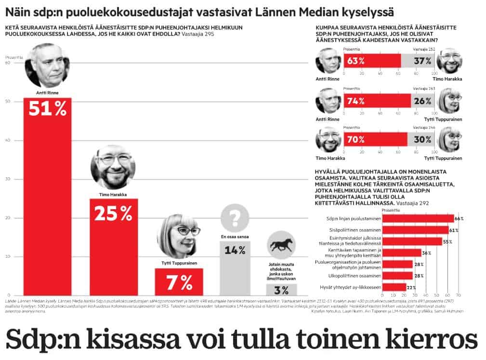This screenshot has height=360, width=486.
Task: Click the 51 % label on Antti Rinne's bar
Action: tap(47, 109)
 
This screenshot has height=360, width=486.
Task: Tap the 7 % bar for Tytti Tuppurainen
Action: tap(179, 281)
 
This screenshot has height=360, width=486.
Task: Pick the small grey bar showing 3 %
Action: tap(282, 290)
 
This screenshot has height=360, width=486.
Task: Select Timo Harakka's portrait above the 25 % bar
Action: tap(113, 167)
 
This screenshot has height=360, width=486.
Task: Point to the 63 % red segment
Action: tap(372, 61)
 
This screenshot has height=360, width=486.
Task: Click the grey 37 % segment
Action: tap(417, 61)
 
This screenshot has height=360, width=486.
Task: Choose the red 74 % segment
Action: tap(377, 101)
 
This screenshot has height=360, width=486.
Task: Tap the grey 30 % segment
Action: tap(420, 139)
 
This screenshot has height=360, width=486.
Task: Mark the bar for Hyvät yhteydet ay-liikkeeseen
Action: tap(393, 287)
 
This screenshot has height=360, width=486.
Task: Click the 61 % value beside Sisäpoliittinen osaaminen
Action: tap(454, 230)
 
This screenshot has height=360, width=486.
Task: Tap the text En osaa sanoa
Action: tap(235, 237)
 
